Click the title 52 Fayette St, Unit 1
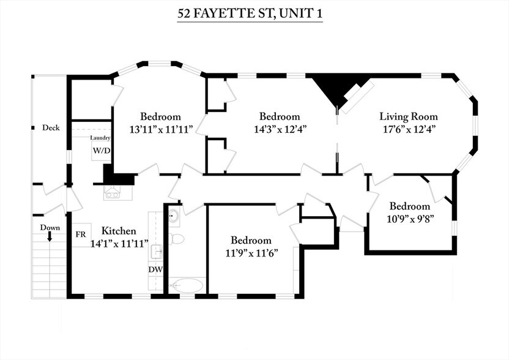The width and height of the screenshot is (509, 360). pos(250,13)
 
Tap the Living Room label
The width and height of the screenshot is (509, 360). pos(408,116)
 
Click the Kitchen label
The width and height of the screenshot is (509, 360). pos(118,231)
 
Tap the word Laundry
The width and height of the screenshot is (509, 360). pos(101,138)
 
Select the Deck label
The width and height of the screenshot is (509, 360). pos(50,128)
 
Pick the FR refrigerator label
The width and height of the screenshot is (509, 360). pos(80,234)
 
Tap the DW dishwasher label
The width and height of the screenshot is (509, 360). pos(155,269)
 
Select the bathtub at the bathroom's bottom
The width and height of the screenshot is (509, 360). pos(186,285)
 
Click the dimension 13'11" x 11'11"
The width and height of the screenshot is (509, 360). pos(161,129)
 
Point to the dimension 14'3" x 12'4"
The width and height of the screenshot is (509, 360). pos(280,129)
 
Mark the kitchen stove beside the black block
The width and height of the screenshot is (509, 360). pos(113,192)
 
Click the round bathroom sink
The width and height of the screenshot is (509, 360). pos(172,215)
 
